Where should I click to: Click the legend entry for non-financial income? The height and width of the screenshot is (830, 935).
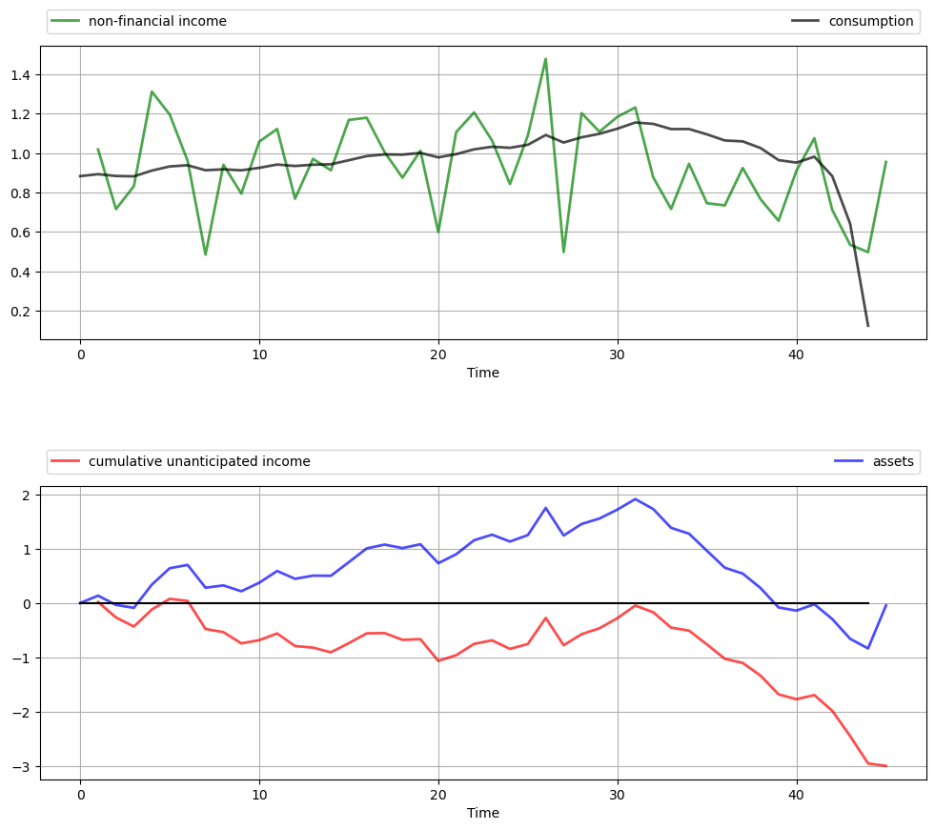[157, 21]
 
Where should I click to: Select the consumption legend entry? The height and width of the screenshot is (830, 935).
[870, 21]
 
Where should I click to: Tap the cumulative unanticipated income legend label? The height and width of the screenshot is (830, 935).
[199, 461]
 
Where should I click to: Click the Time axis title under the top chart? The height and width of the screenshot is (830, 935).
[483, 373]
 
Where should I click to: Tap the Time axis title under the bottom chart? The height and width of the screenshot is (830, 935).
[483, 813]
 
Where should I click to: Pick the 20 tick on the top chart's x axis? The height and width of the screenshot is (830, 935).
[438, 355]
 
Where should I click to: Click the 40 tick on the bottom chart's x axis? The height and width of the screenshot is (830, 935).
[797, 796]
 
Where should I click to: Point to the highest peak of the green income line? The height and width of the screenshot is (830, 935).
[545, 59]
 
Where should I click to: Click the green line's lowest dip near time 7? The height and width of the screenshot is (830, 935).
[205, 254]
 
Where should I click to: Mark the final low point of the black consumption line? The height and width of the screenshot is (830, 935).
[867, 326]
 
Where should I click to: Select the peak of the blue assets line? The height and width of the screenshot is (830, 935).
[635, 498]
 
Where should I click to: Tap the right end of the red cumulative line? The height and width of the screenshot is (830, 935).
[885, 766]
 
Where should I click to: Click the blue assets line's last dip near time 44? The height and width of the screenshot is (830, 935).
[867, 648]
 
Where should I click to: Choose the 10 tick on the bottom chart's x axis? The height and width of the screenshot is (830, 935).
[259, 796]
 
